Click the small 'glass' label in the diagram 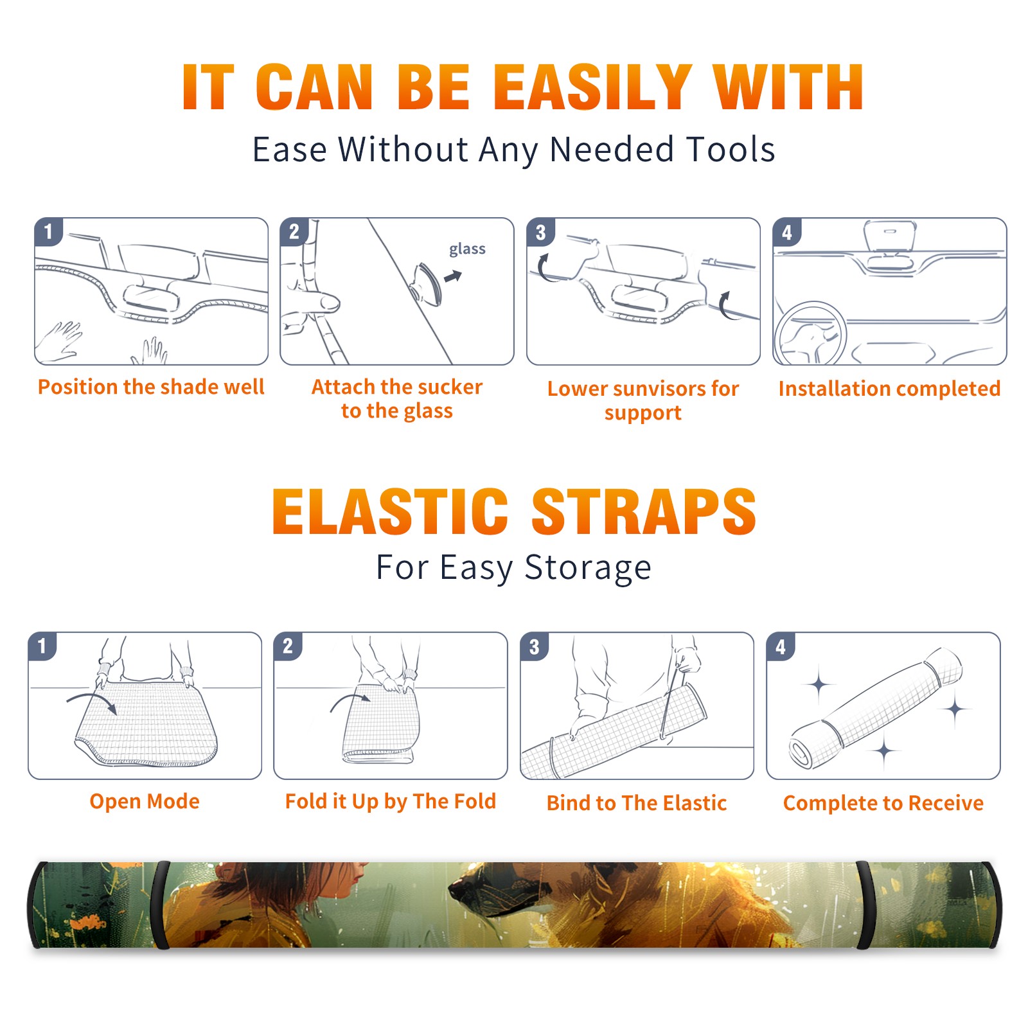coord(467,249)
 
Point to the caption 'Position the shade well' coord(151,387)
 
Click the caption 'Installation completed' coord(889,389)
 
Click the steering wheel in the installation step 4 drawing coord(810,333)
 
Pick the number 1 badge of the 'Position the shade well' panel coord(48,231)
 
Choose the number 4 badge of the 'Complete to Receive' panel coord(781,646)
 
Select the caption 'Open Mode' coord(145,801)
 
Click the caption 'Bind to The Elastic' coord(637,803)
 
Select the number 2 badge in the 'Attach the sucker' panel coord(294,231)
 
